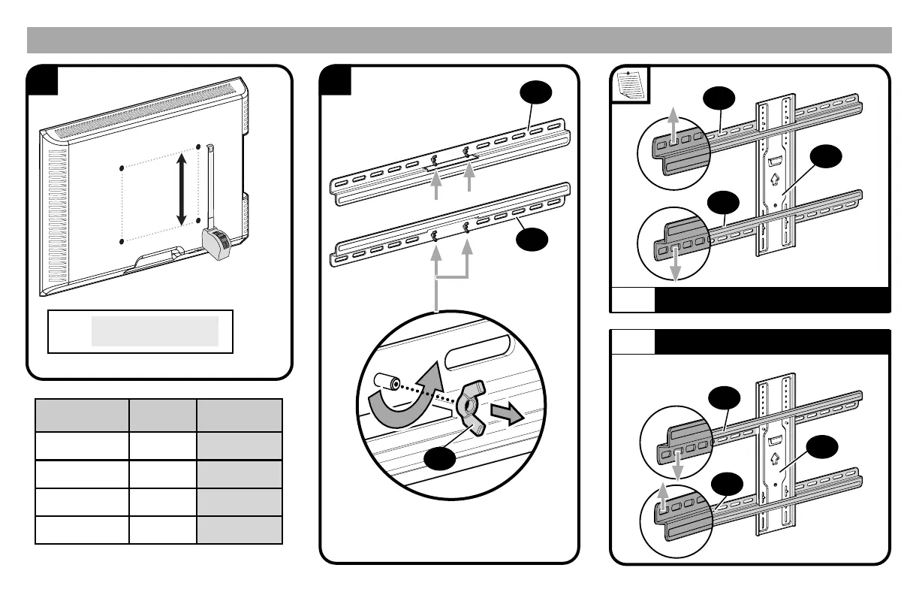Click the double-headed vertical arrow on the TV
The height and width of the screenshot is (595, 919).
click(181, 189)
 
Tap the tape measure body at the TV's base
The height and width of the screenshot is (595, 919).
click(219, 243)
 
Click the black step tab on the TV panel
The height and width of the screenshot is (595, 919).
click(42, 80)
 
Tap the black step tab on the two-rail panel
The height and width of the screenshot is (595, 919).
click(336, 80)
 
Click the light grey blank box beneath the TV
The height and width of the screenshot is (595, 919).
click(155, 331)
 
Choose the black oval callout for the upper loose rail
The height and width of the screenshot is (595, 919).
click(535, 94)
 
